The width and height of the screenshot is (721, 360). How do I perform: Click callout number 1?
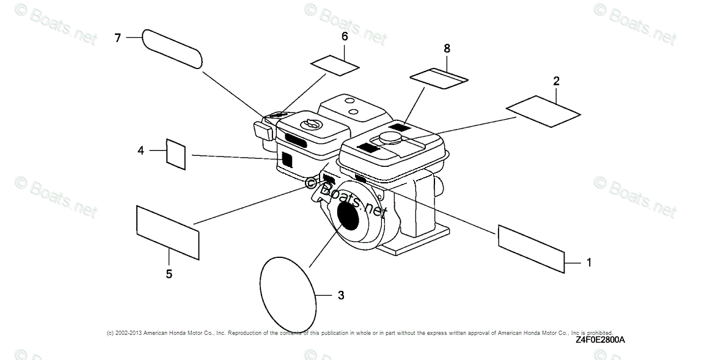pyautogui.click(x=588, y=263)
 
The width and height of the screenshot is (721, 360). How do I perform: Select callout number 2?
pyautogui.click(x=556, y=81)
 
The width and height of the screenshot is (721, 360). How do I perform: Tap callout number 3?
pyautogui.click(x=341, y=295)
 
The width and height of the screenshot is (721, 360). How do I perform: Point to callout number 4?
pyautogui.click(x=141, y=149)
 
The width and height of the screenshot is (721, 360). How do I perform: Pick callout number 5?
pyautogui.click(x=169, y=274)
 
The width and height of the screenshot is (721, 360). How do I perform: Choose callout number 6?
pyautogui.click(x=345, y=37)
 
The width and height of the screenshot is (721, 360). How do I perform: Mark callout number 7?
pyautogui.click(x=118, y=38)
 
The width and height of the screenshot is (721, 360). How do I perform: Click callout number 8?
pyautogui.click(x=447, y=48)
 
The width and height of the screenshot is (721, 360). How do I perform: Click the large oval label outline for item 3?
pyautogui.click(x=288, y=292)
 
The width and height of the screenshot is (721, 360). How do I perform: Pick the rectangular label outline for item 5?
pyautogui.click(x=167, y=232)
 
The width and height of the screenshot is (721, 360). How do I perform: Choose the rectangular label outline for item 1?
pyautogui.click(x=530, y=248)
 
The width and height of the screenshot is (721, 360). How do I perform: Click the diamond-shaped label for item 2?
pyautogui.click(x=543, y=111)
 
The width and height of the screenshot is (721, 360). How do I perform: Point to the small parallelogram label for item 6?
pyautogui.click(x=335, y=65)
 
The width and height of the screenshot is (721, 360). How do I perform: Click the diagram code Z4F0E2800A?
pyautogui.click(x=601, y=340)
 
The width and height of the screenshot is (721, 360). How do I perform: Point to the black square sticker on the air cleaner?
pyautogui.click(x=287, y=159)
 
